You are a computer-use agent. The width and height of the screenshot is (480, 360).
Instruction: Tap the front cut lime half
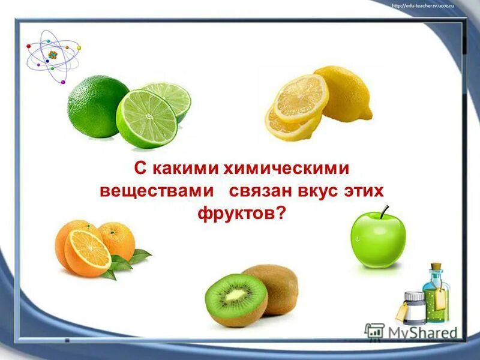(147, 119)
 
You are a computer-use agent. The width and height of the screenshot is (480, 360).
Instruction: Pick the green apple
(378, 241)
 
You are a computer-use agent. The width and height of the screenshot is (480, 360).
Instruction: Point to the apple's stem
(385, 211)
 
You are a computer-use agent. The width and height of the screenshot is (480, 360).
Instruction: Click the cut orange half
(88, 250)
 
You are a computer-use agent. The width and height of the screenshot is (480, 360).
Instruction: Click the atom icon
(53, 55)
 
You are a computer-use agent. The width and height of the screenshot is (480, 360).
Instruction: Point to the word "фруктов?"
(239, 213)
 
